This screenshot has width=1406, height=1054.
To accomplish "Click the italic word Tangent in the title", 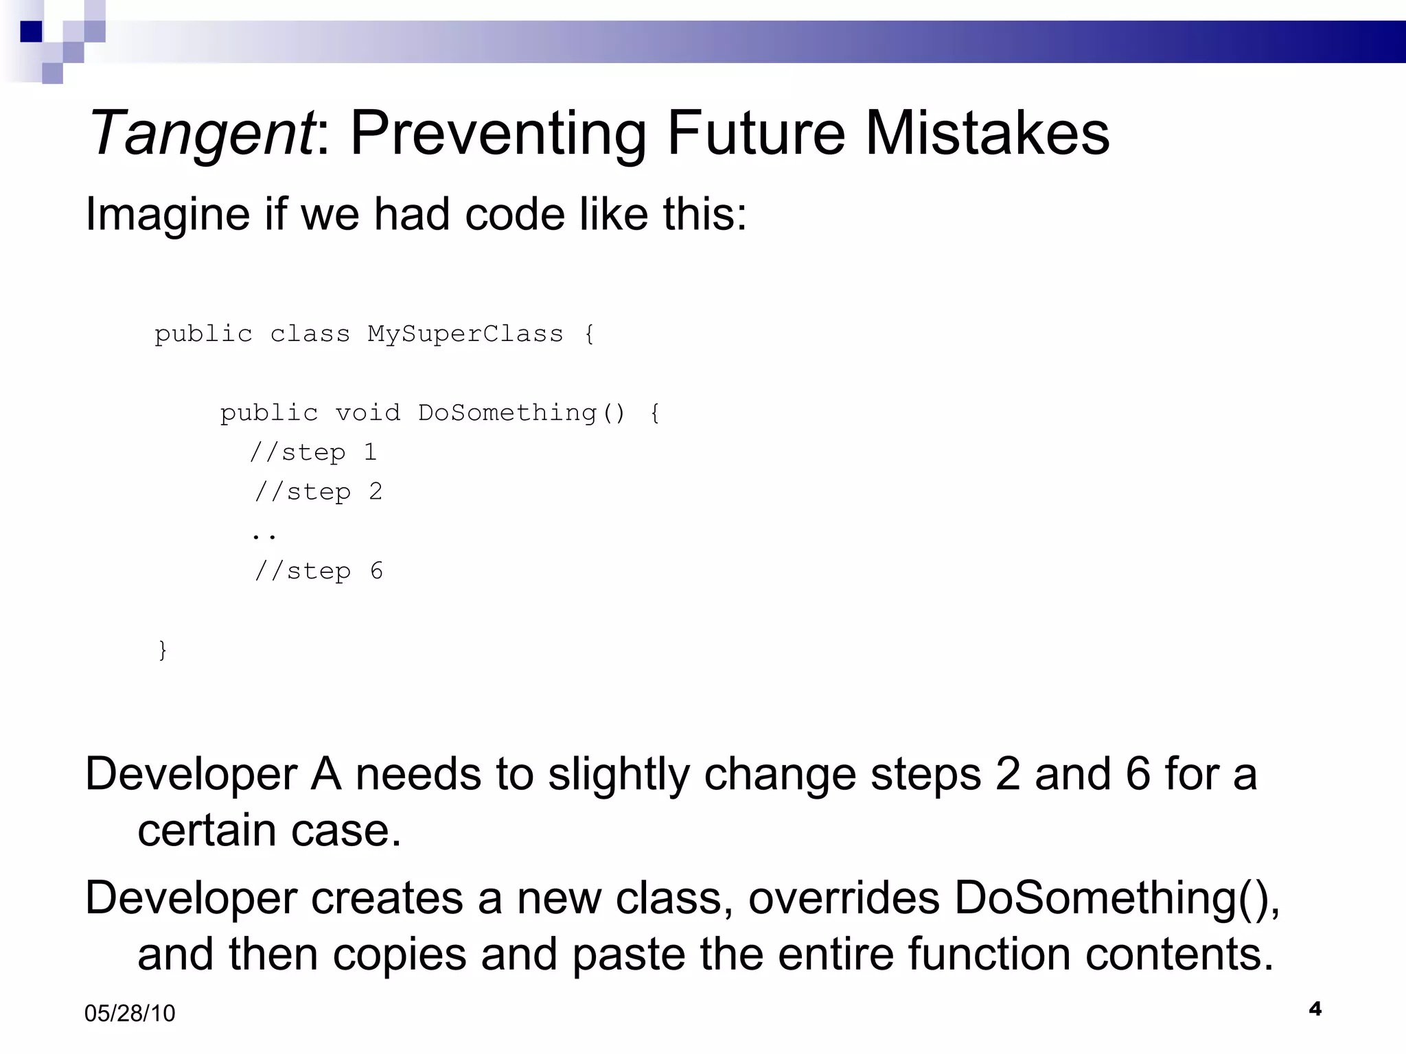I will (201, 134).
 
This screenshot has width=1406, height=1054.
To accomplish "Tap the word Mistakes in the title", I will (987, 132).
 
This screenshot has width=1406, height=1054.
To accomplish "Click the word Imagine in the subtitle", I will (168, 215).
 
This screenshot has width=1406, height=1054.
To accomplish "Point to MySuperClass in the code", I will (465, 334).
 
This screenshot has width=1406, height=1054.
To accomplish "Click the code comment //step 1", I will (313, 453).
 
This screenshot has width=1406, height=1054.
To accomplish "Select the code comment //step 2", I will (318, 492).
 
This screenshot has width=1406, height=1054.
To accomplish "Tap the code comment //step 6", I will (319, 571).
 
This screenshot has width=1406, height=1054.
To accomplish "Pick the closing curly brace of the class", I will (163, 649).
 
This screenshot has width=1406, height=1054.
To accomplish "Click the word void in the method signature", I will (367, 413).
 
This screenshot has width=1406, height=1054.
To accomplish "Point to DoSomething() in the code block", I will (522, 413).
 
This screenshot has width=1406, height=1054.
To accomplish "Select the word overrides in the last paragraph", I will (844, 898).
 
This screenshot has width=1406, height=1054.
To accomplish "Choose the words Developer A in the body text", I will (213, 775).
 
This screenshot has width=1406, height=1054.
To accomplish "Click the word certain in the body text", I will (207, 831).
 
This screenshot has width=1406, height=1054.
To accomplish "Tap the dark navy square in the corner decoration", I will (31, 32).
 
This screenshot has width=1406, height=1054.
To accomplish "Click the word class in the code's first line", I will (310, 334).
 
